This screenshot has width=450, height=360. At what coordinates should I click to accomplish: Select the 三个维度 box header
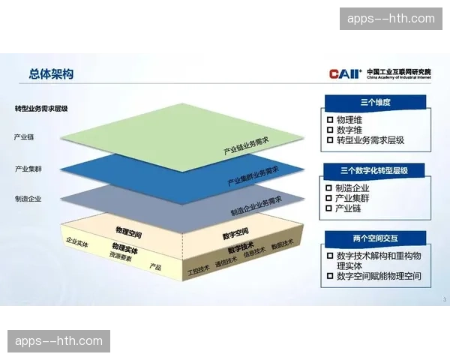tap(376, 102)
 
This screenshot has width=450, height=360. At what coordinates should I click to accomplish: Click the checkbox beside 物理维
tap(330, 119)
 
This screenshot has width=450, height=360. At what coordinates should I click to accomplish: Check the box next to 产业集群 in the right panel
tap(330, 198)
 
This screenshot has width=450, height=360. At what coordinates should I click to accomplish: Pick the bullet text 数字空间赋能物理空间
tap(379, 276)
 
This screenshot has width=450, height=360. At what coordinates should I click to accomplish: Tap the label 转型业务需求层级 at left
tap(41, 109)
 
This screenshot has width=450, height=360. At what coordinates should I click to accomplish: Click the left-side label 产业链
tap(24, 137)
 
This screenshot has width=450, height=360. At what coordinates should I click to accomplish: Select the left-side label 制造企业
tap(28, 199)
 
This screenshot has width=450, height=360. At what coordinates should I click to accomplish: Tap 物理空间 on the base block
tap(129, 230)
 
